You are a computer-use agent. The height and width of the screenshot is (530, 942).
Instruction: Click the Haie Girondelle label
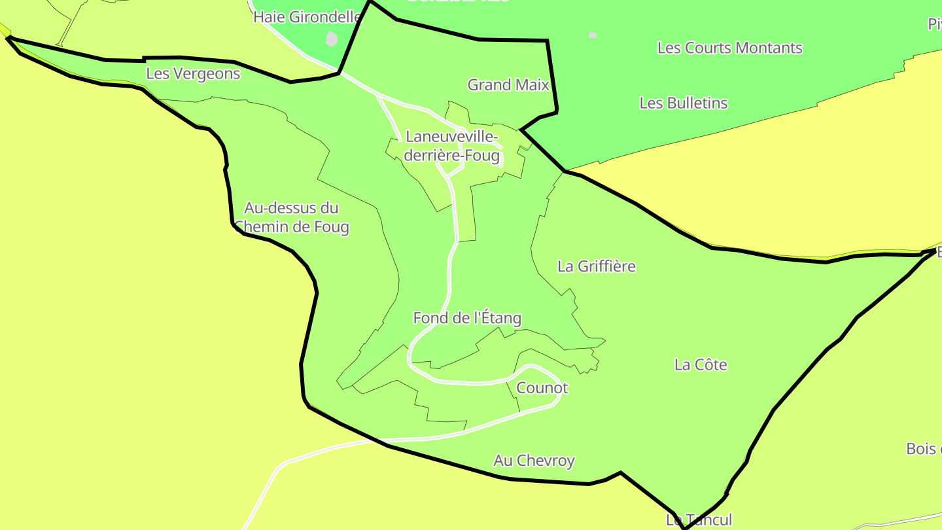click(x=307, y=17)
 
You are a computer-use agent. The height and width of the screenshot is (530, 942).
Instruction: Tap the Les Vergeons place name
click(x=193, y=73)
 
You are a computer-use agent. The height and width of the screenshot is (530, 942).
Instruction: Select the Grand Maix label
click(x=508, y=84)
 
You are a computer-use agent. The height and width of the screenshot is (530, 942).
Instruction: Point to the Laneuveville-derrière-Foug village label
click(x=452, y=146)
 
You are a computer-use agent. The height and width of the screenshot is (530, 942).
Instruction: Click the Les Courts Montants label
click(x=729, y=48)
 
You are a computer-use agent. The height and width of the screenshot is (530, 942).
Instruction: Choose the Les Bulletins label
click(x=683, y=103)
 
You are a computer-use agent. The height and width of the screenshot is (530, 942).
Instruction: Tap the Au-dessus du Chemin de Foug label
click(x=292, y=217)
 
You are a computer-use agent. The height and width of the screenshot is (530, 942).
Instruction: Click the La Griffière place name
click(x=596, y=266)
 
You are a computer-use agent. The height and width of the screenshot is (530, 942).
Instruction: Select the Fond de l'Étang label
click(x=467, y=318)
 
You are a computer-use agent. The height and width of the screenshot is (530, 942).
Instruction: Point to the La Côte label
click(x=701, y=364)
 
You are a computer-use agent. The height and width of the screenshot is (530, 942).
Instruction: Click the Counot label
click(x=542, y=388)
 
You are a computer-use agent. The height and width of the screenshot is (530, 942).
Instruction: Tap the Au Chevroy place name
click(x=534, y=461)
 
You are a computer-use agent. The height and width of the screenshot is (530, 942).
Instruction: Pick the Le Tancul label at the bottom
click(x=699, y=520)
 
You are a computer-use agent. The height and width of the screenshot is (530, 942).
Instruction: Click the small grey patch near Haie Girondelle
click(x=332, y=39)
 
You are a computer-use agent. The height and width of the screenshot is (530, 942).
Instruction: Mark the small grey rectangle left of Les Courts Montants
click(x=592, y=35)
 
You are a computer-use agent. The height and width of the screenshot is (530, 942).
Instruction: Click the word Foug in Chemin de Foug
click(x=331, y=227)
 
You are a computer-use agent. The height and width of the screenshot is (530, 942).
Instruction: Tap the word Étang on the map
click(x=497, y=318)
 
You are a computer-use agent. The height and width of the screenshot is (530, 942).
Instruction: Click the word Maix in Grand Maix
click(x=534, y=84)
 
